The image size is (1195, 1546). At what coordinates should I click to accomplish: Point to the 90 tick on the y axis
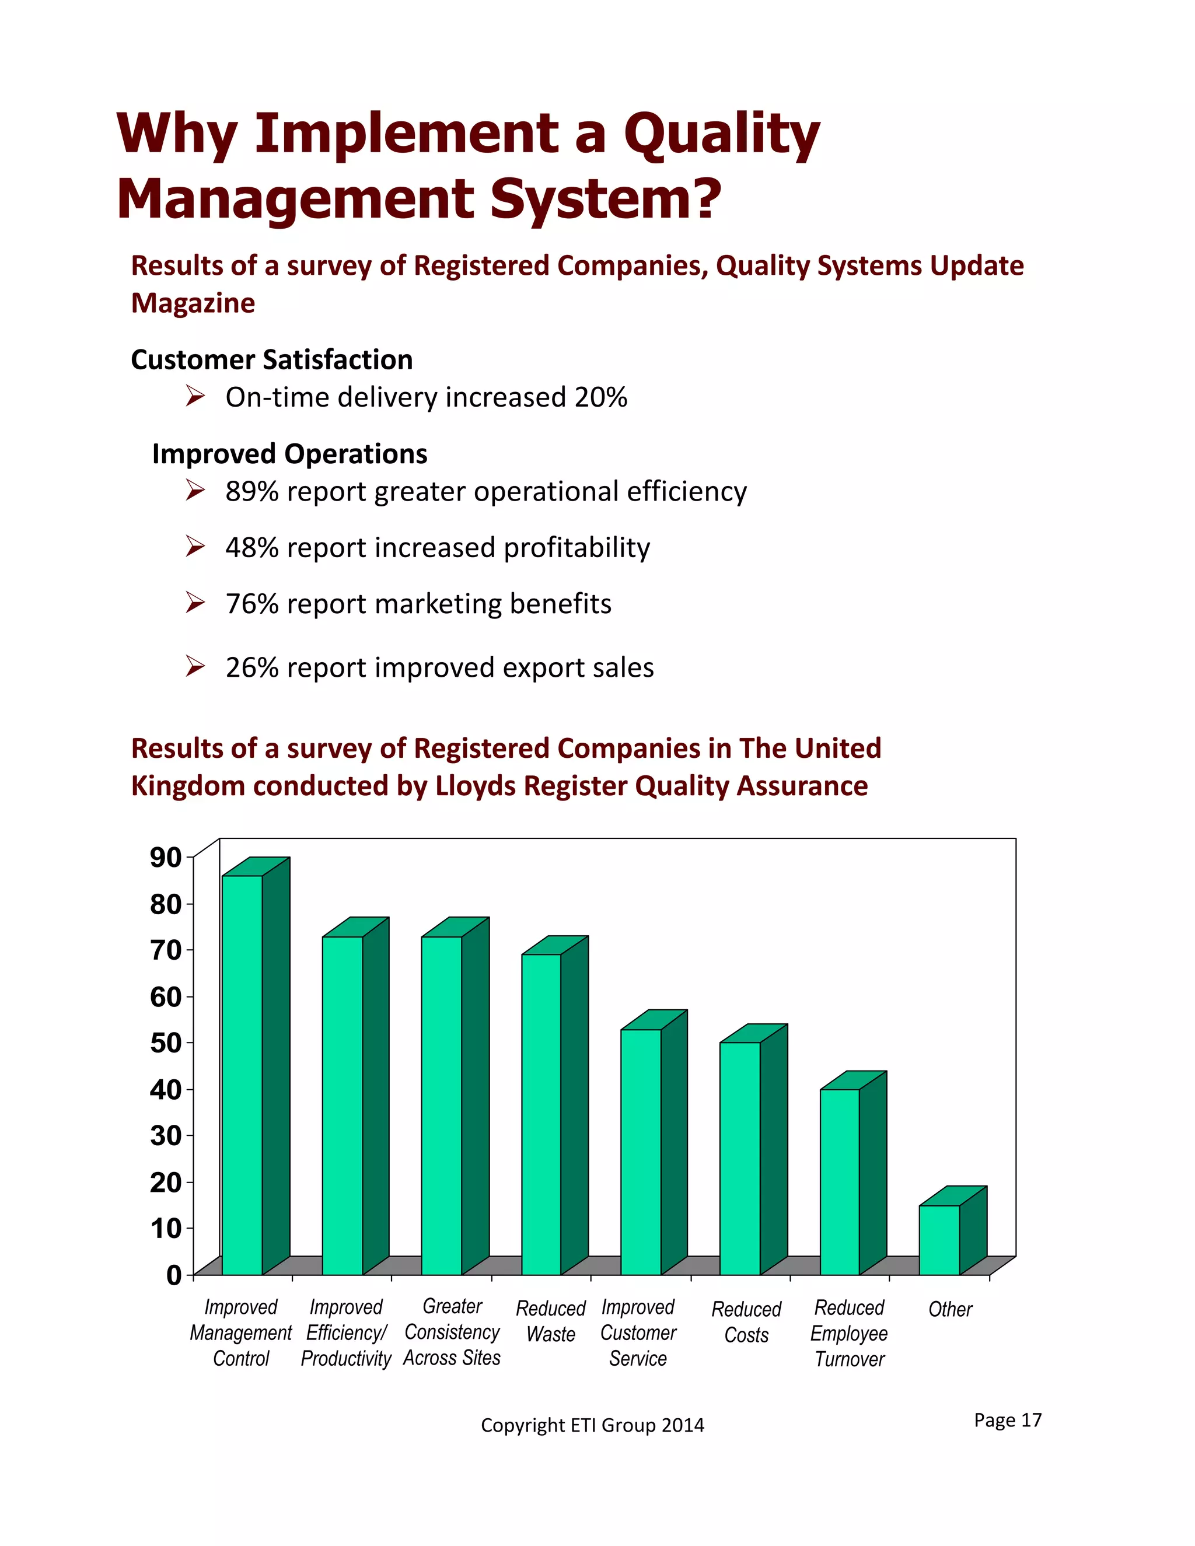[166, 857]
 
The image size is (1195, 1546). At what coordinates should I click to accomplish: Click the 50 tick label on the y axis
[166, 1043]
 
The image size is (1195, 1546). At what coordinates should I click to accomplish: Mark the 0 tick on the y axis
[174, 1275]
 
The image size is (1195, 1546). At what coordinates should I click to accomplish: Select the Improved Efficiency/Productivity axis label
[346, 1332]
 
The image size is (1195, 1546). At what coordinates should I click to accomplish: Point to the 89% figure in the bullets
[252, 491]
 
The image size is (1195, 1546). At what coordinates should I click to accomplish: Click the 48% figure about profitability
[252, 548]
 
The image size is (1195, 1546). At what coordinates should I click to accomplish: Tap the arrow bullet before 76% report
[195, 603]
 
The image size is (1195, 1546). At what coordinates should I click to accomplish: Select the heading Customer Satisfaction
[272, 359]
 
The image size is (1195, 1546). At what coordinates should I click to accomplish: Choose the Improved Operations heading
[289, 454]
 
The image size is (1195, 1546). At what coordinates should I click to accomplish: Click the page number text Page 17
[1007, 1419]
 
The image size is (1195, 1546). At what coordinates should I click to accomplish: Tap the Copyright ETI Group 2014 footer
[593, 1425]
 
